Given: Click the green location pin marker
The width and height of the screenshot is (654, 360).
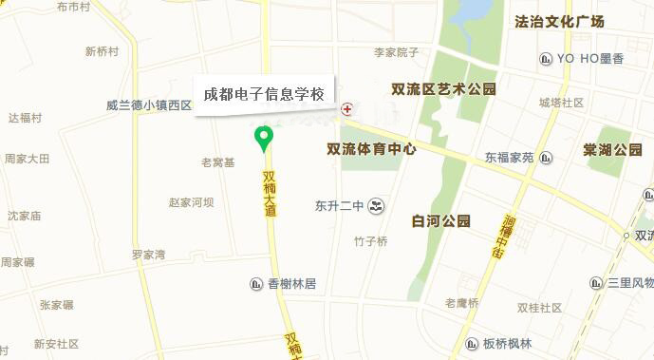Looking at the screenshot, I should click(265, 139).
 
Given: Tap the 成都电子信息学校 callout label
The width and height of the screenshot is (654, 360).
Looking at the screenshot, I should click(265, 95).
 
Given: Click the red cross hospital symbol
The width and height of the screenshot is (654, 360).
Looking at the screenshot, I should click(347, 109).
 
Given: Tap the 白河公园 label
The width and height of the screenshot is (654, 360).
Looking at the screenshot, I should click(441, 221).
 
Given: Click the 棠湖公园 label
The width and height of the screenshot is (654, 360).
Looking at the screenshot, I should click(613, 150).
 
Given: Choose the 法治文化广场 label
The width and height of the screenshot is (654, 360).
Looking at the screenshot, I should click(572, 21).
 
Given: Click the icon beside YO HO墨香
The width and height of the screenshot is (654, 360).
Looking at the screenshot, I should click(546, 59).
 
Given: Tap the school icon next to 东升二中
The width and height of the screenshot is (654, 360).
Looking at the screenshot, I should click(378, 205).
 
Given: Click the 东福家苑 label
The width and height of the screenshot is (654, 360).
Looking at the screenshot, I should click(510, 157).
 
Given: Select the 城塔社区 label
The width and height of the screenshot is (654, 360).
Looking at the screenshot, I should click(561, 103).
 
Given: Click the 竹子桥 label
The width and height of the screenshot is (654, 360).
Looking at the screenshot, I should click(370, 241).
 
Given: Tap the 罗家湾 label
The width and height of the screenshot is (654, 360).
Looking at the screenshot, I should click(148, 255).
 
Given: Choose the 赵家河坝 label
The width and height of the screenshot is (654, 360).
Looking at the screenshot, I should click(191, 202).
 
